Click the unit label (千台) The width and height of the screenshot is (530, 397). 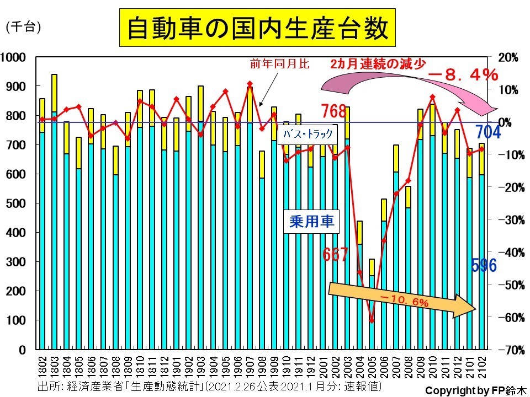(23, 26)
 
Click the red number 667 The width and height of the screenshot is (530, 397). (335, 255)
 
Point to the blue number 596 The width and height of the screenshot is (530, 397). (484, 265)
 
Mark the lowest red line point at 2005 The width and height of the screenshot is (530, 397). (372, 320)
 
